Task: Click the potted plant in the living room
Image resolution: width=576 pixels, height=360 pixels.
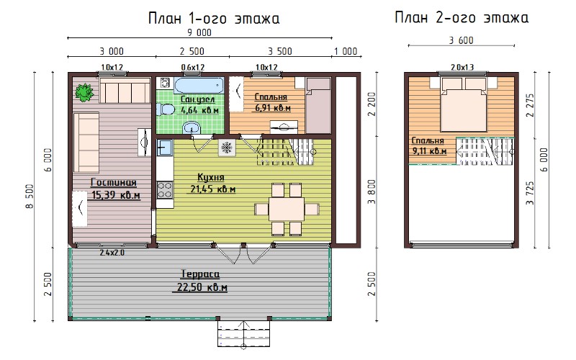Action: point(84,92)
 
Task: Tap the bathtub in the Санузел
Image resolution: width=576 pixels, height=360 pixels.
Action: point(199,86)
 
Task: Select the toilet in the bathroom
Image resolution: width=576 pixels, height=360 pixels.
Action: point(166,109)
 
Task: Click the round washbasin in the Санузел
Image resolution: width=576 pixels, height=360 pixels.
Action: point(192,127)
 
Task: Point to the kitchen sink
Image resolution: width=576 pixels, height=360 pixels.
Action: point(165,148)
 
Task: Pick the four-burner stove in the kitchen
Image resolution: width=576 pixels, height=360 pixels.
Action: point(165,190)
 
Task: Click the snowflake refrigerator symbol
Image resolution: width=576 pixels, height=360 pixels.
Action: point(226,148)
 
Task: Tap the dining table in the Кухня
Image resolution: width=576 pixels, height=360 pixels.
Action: point(287,209)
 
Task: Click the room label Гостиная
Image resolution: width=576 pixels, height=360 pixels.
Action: point(114,183)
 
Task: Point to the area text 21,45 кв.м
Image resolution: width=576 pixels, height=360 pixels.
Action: point(212,189)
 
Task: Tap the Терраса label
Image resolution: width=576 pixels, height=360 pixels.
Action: point(200,274)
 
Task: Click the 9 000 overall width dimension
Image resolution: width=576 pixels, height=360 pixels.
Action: point(199,32)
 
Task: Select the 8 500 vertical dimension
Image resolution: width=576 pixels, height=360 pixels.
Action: point(30,197)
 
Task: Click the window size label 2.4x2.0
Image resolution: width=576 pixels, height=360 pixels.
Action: point(112,253)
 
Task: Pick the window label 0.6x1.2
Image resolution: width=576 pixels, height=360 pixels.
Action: point(193,67)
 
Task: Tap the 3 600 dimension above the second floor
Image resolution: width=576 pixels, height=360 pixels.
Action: point(461,40)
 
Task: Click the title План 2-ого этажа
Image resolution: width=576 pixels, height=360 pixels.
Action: point(462,17)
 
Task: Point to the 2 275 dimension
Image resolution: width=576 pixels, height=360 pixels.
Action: point(530,105)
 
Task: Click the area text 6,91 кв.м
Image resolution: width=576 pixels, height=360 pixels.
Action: point(273,108)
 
